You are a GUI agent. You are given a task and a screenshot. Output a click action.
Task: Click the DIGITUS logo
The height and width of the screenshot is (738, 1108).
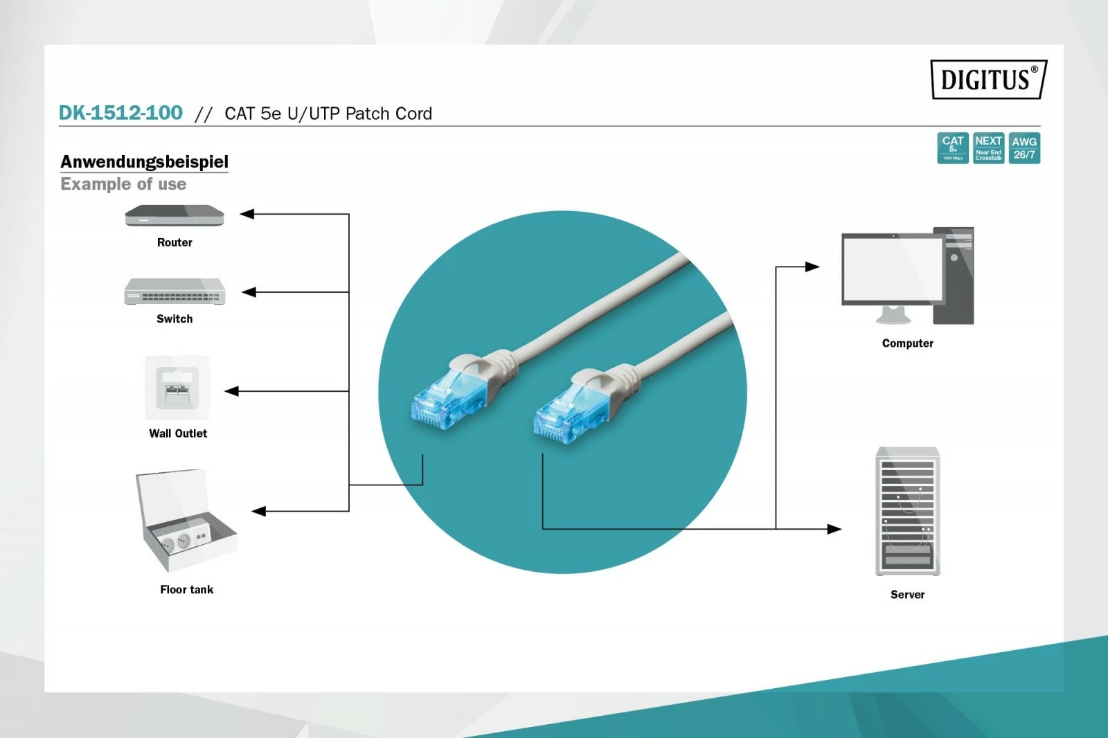point(988,80)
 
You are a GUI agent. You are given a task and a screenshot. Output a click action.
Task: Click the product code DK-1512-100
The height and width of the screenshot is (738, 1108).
point(120,113)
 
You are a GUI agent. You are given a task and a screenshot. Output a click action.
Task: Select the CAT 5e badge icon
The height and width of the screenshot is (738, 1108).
point(952,148)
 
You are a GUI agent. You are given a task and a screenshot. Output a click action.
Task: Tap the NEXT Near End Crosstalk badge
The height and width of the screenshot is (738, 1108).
point(988,148)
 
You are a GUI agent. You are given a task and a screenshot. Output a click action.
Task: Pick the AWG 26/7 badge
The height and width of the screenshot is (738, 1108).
point(1024,148)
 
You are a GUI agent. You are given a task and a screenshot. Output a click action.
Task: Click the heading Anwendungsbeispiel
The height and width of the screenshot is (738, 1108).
point(144,161)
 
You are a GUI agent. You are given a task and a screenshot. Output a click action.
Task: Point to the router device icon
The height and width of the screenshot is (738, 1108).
point(175,216)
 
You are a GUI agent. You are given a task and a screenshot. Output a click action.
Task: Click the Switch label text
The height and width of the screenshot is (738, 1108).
point(175,318)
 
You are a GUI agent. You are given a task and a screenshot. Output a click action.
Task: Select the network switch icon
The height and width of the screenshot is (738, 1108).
point(175,291)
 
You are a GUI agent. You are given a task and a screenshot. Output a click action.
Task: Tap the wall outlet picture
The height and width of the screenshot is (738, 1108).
point(177,388)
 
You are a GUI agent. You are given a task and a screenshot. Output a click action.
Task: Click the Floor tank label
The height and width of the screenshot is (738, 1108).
point(186,589)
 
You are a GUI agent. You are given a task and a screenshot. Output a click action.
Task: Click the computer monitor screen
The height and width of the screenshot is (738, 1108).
point(893,269)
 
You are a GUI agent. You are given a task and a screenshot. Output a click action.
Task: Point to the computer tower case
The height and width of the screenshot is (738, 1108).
point(954,276)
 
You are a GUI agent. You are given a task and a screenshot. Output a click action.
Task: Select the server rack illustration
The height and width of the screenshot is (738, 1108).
point(907,511)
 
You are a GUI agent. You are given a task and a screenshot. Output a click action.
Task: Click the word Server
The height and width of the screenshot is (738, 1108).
point(907,594)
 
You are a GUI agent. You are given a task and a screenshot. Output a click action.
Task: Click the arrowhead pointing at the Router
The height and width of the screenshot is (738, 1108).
point(247,214)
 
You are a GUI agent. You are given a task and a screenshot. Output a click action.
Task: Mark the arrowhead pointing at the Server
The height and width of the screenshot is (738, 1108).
point(834,529)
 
